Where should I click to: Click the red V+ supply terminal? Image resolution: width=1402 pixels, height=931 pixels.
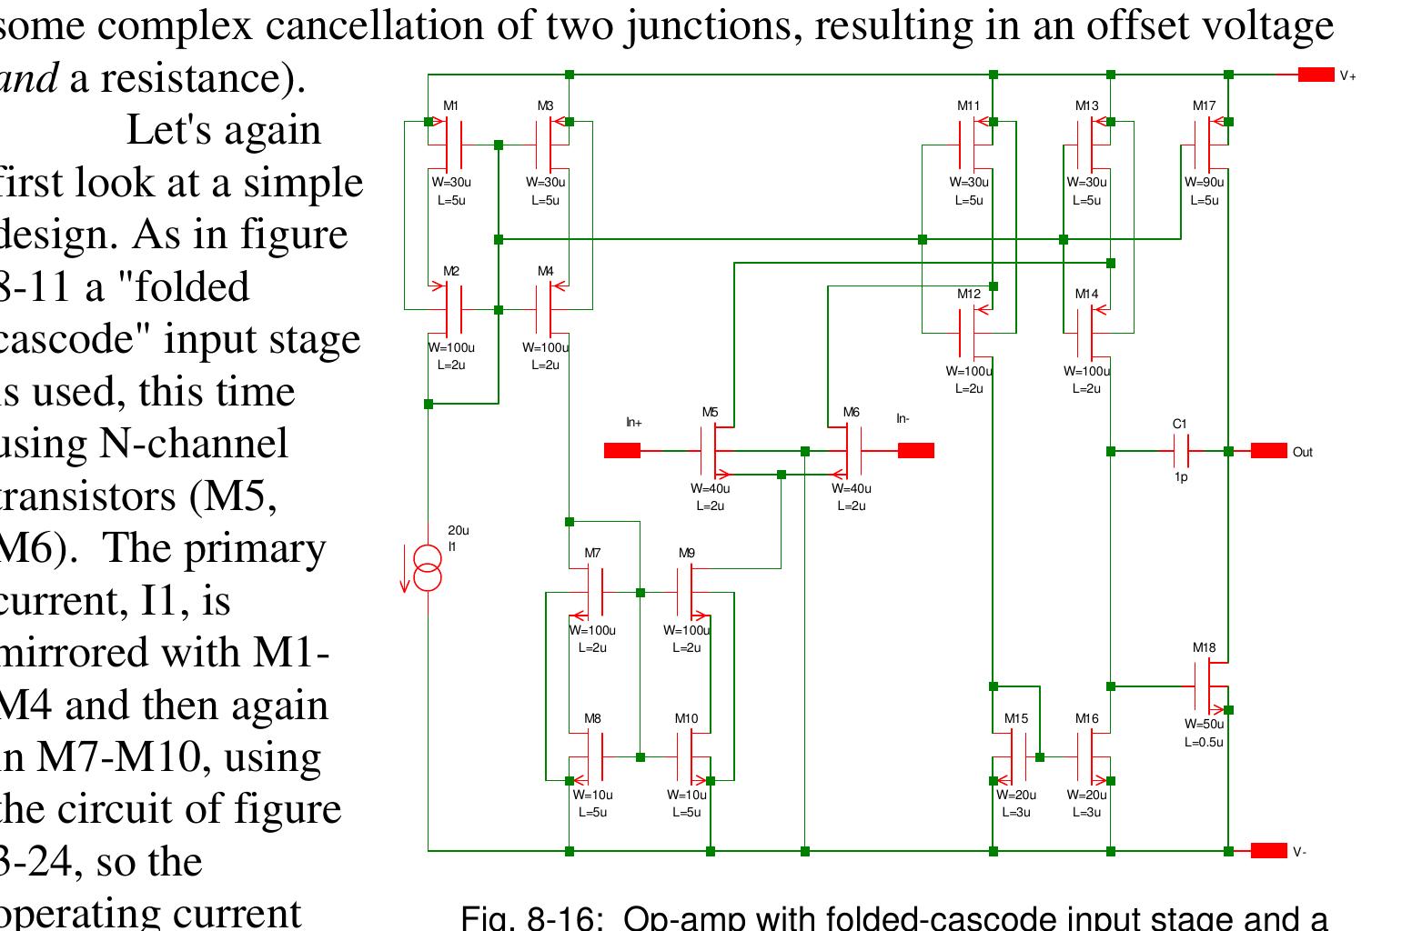tap(1316, 75)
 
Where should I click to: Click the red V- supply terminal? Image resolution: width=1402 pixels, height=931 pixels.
tap(1268, 851)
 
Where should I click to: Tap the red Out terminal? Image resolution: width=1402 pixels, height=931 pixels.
tap(1268, 451)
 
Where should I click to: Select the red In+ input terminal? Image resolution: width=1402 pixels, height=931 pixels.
tap(622, 450)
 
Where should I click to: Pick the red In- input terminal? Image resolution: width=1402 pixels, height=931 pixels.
tap(916, 450)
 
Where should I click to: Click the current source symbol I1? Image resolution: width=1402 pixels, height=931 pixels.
tap(428, 568)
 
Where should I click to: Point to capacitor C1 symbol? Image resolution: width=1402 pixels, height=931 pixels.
tap(1181, 451)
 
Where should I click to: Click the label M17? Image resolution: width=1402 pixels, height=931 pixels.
tap(1204, 105)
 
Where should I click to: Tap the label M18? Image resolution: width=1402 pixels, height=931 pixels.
tap(1204, 648)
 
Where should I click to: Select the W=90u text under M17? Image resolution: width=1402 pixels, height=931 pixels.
tap(1204, 182)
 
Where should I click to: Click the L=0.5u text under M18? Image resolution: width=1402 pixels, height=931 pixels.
tap(1204, 742)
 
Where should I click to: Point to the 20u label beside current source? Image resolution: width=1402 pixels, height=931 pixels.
tap(459, 531)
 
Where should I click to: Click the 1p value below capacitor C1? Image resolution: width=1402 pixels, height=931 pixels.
tap(1181, 477)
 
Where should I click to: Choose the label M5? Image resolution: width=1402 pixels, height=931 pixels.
tap(710, 413)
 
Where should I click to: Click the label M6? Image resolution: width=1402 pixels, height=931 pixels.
tap(851, 413)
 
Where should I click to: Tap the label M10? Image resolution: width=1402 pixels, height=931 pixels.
tap(686, 718)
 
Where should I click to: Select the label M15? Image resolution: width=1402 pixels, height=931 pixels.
tap(1016, 718)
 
